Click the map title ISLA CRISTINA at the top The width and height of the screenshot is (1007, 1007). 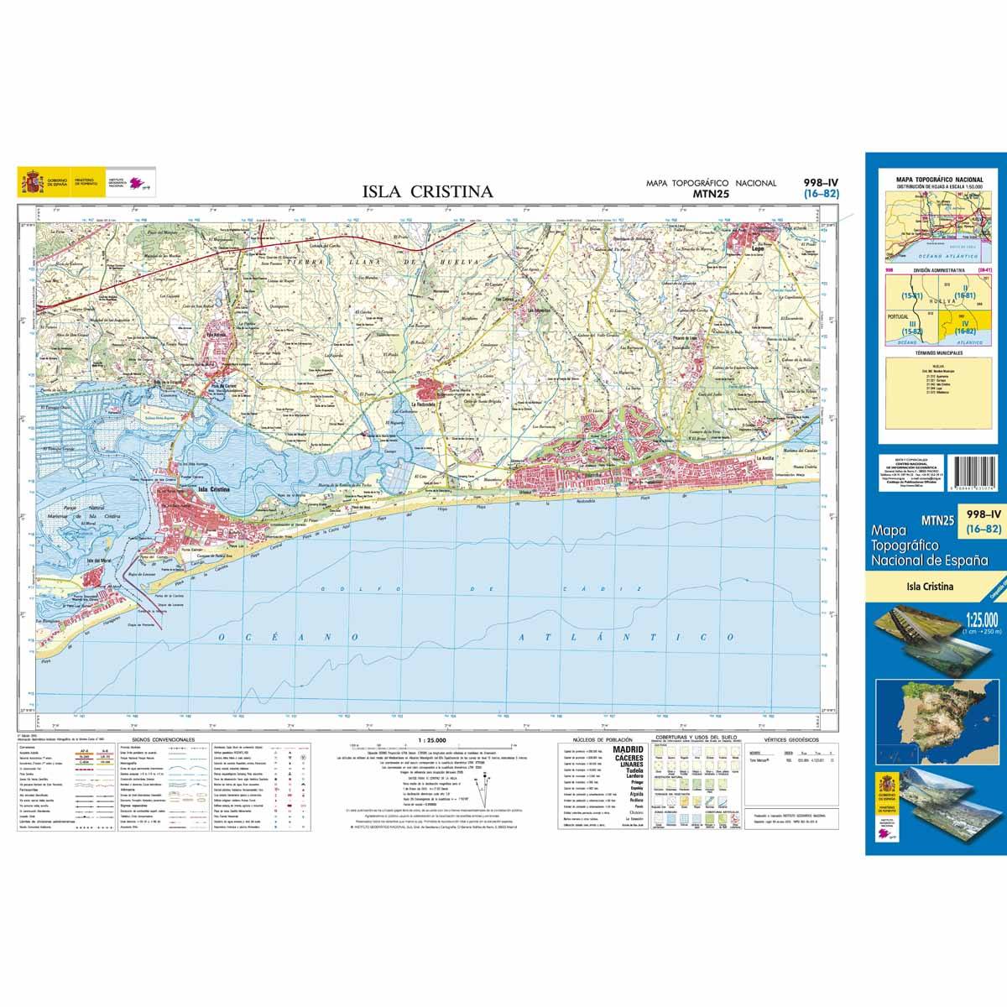click(x=427, y=191)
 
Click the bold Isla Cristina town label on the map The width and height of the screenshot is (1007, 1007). click(x=213, y=488)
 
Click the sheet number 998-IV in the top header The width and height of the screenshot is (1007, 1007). click(x=820, y=181)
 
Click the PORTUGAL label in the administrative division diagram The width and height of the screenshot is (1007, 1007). click(x=898, y=316)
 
